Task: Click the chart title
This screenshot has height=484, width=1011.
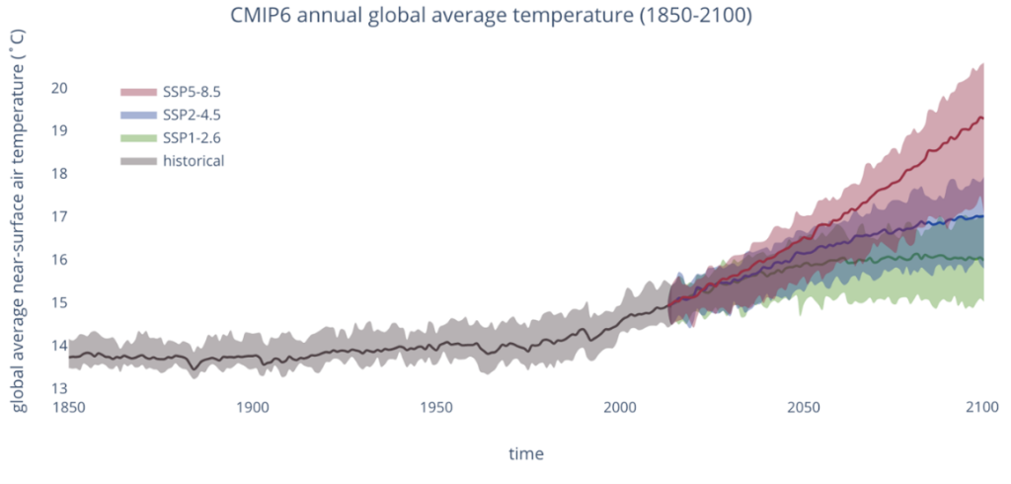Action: [505, 17]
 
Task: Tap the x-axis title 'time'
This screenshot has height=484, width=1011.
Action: [525, 453]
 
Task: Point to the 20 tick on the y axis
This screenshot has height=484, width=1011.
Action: [58, 88]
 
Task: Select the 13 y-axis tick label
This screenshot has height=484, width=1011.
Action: [58, 388]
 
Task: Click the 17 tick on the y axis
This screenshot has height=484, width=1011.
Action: [58, 216]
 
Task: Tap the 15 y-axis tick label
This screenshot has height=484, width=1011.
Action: [58, 302]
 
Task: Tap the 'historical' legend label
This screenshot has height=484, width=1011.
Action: [194, 160]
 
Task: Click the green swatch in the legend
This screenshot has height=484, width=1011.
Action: [138, 137]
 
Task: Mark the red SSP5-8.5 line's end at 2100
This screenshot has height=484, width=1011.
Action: [981, 118]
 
